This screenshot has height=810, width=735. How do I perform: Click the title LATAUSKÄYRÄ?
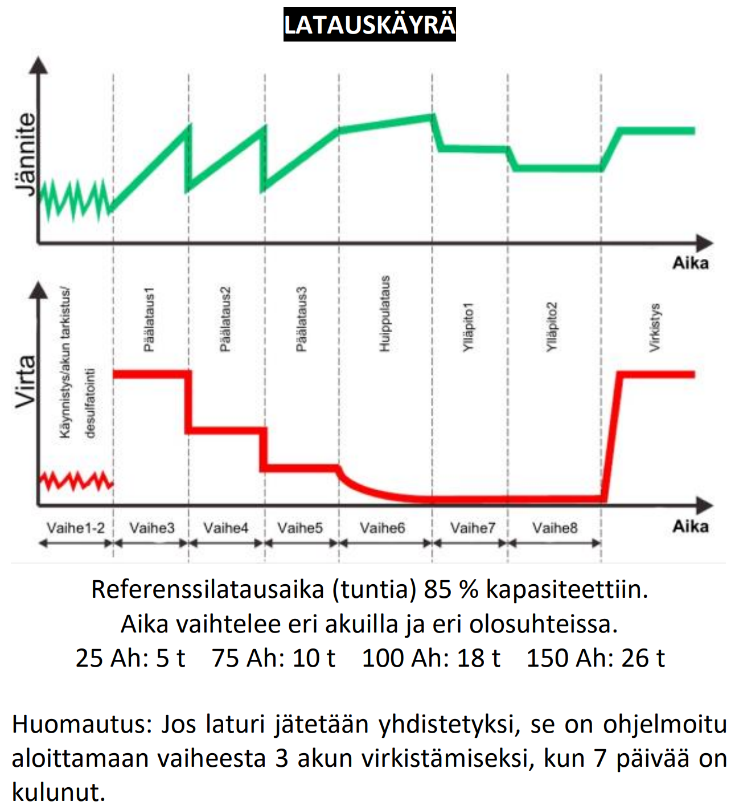click(369, 24)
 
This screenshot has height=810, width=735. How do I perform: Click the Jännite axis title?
click(25, 154)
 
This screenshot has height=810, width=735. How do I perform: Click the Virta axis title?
click(25, 382)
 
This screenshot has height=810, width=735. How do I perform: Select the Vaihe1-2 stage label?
click(76, 528)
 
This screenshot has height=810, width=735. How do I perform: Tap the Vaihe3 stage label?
click(151, 528)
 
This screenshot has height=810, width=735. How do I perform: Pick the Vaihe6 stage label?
click(382, 528)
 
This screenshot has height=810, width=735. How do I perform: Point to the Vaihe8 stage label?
click(555, 528)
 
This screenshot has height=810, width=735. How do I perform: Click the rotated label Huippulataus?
click(385, 313)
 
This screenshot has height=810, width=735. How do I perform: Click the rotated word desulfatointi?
click(89, 403)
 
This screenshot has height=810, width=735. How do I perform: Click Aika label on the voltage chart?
click(690, 263)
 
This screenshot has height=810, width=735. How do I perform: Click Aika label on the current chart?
click(690, 526)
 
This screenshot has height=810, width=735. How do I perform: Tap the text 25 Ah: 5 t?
click(130, 658)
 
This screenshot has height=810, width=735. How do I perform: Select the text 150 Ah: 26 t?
click(596, 658)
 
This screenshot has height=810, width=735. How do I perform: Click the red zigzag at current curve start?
click(76, 481)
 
